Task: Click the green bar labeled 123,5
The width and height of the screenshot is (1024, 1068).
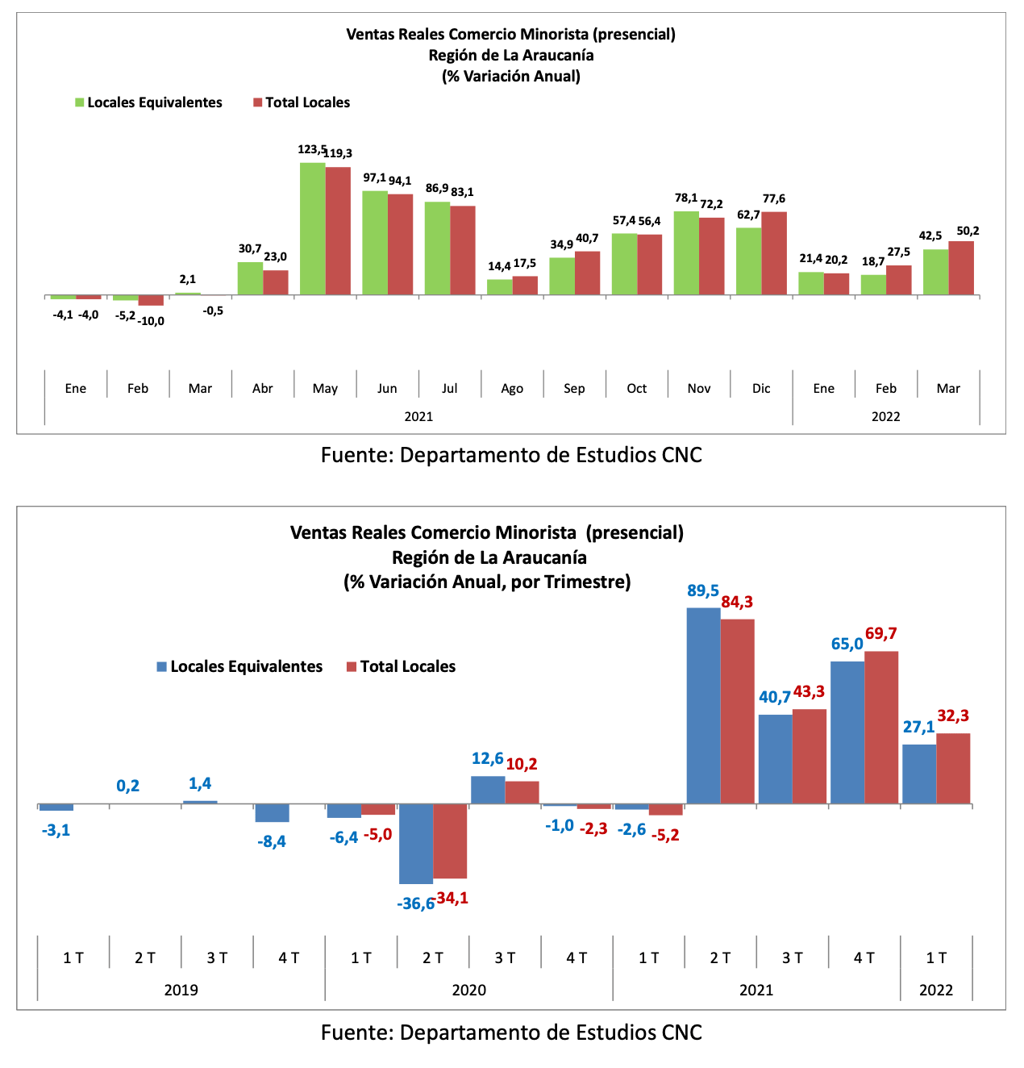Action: [x=312, y=229]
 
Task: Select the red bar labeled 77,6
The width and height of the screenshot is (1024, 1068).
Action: [x=774, y=253]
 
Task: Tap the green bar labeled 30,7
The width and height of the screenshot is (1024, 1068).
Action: [x=250, y=279]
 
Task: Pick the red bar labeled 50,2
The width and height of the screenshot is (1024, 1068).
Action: [x=961, y=269]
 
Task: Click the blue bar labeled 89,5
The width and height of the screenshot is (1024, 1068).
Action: [x=703, y=706]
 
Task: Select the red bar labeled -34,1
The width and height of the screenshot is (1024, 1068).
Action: [x=450, y=841]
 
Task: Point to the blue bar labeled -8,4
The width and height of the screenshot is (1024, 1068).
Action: [x=272, y=813]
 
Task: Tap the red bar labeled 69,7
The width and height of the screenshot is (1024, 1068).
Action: [x=880, y=728]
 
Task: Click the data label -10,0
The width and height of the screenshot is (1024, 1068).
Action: [x=151, y=321]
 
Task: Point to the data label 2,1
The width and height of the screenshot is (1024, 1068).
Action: [x=188, y=279]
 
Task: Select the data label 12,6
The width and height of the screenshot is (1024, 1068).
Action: [x=487, y=758]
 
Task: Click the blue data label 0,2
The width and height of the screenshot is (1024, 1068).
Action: [x=127, y=786]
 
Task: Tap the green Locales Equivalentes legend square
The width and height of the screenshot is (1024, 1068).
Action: [x=80, y=102]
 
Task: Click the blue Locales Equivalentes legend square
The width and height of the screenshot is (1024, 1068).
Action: [x=162, y=667]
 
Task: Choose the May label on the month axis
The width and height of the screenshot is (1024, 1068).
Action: [x=325, y=389]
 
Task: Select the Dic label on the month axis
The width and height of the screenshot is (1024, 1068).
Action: [x=761, y=389]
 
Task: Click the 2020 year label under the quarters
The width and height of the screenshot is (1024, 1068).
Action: [x=468, y=990]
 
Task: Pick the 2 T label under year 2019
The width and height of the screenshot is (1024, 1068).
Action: [x=145, y=957]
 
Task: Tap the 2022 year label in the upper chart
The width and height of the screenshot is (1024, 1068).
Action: [x=885, y=416]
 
